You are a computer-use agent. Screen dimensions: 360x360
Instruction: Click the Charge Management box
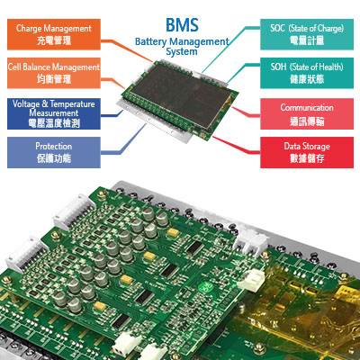[54, 34]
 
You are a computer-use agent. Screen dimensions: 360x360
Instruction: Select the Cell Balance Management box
[54, 73]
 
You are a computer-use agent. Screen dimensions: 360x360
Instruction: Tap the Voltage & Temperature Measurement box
[54, 113]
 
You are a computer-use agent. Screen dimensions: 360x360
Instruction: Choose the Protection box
[54, 152]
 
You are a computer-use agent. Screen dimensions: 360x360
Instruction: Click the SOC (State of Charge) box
[307, 34]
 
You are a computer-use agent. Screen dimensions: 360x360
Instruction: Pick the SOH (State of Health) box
[307, 73]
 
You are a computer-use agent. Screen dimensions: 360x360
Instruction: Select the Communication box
[307, 113]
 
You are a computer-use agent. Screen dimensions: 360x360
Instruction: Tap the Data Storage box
[307, 152]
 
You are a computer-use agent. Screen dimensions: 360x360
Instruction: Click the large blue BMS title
[182, 25]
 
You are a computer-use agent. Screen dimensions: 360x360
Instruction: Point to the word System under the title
[182, 51]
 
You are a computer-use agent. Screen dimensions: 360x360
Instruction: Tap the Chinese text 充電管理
[54, 40]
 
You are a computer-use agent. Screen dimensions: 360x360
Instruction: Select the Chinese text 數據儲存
[307, 158]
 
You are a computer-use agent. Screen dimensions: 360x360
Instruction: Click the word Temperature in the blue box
[72, 104]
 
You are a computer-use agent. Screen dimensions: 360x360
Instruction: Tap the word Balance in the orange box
[37, 67]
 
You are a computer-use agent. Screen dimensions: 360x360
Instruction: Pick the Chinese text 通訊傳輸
[307, 121]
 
